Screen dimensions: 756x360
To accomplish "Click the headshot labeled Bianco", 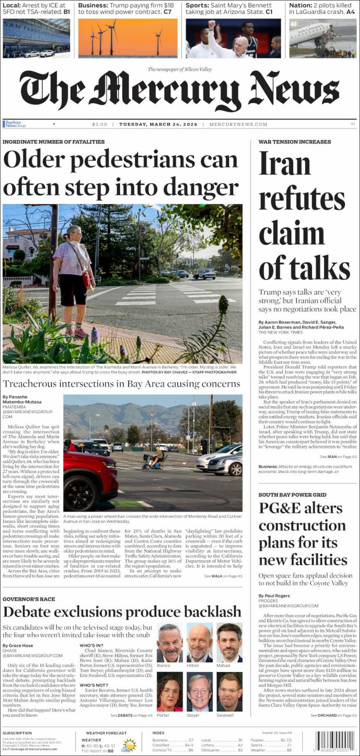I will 170,642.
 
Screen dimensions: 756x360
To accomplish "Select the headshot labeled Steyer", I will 200,691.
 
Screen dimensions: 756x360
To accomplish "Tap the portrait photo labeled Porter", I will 170,691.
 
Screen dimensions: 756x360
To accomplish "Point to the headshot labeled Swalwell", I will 229,691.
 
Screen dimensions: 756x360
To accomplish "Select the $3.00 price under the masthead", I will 100,124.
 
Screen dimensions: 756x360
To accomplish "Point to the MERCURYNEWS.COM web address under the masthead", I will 239,124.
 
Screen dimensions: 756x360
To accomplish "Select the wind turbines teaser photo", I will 128,38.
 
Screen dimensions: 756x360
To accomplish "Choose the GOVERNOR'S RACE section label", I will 29,599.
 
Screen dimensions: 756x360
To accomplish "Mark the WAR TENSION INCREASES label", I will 294,142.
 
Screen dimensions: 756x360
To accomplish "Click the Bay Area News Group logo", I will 14,124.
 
